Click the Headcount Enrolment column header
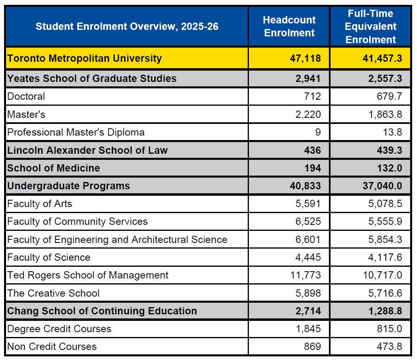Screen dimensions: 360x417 pyautogui.click(x=289, y=27)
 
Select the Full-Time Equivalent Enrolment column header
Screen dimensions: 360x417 pyautogui.click(x=371, y=27)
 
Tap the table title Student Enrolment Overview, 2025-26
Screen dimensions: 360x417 pyautogui.click(x=127, y=27)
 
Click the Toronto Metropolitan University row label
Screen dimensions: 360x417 pyautogui.click(x=84, y=58)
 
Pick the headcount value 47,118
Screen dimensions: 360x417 pyautogui.click(x=305, y=58)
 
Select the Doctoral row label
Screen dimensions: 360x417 pyautogui.click(x=26, y=96)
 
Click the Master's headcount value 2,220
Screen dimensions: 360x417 pyautogui.click(x=308, y=115)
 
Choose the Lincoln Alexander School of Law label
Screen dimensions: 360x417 pyautogui.click(x=87, y=151)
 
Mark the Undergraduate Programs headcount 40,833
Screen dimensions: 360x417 pyautogui.click(x=305, y=186)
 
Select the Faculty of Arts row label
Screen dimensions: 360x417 pyautogui.click(x=40, y=204)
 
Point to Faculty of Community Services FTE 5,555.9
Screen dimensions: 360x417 pyautogui.click(x=385, y=222)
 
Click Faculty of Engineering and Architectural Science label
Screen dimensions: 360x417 pyautogui.click(x=117, y=240)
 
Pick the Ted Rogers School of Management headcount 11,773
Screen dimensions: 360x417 pyautogui.click(x=305, y=275)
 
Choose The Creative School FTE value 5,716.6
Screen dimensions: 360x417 pyautogui.click(x=385, y=293)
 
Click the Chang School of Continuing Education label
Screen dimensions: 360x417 pyautogui.click(x=102, y=311)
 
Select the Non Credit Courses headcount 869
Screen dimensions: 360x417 pyautogui.click(x=312, y=347)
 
